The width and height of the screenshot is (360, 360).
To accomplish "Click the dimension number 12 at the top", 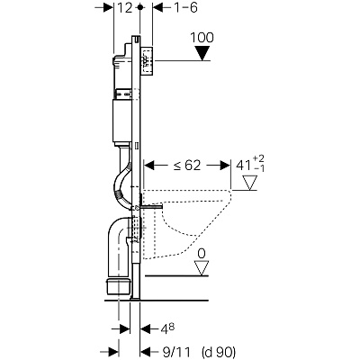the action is pyautogui.click(x=124, y=8).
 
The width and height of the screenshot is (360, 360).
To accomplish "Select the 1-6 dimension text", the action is pyautogui.click(x=185, y=8).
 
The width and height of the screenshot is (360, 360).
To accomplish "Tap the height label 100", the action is pyautogui.click(x=202, y=38).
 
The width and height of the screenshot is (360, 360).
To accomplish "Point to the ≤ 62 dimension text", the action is pyautogui.click(x=186, y=165).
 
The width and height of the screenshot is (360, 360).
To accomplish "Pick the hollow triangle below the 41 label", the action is pyautogui.click(x=249, y=183).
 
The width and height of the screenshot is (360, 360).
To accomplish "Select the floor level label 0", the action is pyautogui.click(x=202, y=254).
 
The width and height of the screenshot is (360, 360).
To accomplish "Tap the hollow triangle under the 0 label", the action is pyautogui.click(x=202, y=267).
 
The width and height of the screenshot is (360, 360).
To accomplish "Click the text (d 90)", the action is pyautogui.click(x=219, y=351).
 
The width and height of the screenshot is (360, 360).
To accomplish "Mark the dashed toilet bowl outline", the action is pyautogui.click(x=187, y=223).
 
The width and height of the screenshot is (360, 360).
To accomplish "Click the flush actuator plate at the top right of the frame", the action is pyautogui.click(x=148, y=60).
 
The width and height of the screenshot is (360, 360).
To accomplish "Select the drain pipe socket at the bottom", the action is pyautogui.click(x=119, y=286).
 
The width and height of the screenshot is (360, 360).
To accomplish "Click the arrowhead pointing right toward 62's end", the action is pyautogui.click(x=224, y=165).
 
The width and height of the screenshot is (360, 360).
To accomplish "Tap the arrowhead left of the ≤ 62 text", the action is pyautogui.click(x=149, y=165).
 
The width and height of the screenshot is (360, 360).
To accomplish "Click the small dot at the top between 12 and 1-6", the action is pyautogui.click(x=139, y=7).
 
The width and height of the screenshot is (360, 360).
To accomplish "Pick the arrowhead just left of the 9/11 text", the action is pyautogui.click(x=145, y=351).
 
